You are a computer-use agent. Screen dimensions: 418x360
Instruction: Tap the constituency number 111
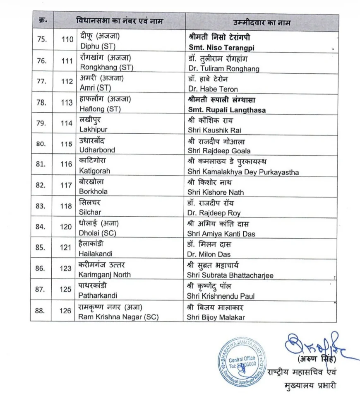[x=66, y=61]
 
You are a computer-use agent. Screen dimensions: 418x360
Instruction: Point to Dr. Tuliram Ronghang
[x=224, y=68]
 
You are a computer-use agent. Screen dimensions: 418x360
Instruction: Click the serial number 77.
[x=41, y=81]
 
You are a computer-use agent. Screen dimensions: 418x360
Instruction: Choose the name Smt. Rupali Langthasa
[x=227, y=110]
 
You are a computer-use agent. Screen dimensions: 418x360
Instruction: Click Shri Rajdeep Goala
[x=219, y=151]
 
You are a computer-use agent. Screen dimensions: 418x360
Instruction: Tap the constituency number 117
[x=66, y=185]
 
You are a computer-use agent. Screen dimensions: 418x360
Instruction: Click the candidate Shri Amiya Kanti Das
[x=221, y=234]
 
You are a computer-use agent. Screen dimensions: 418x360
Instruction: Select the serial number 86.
[x=40, y=268]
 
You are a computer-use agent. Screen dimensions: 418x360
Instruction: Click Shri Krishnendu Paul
[x=221, y=296]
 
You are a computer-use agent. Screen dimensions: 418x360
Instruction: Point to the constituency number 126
[x=65, y=310]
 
